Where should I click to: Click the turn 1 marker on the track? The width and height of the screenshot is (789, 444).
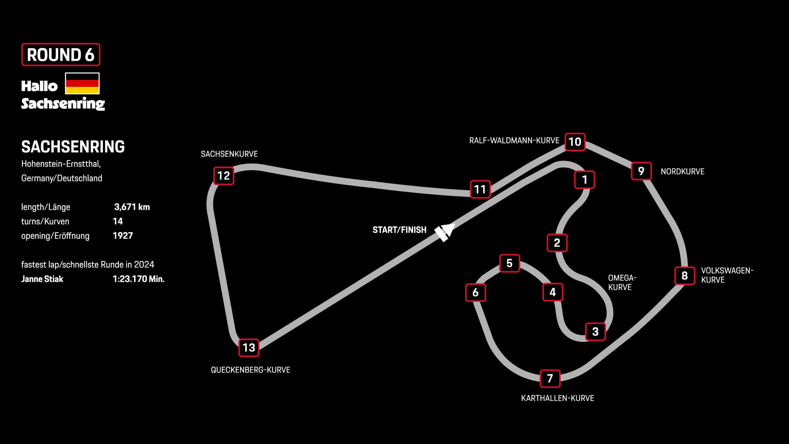pos(584,180)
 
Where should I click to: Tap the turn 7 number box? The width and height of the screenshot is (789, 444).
pos(550,378)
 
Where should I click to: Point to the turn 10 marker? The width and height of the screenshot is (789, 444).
pos(575,142)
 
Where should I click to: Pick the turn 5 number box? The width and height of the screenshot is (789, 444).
pos(509,263)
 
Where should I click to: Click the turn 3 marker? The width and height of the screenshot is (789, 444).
pos(595,332)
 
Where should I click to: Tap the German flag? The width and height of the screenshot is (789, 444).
pos(82,83)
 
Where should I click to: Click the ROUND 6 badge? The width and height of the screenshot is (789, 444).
pos(61,54)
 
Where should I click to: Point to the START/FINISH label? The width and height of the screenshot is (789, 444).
pos(399,230)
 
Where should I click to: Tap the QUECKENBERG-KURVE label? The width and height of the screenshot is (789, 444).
pos(250,370)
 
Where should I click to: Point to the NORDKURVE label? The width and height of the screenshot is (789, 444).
pos(682,172)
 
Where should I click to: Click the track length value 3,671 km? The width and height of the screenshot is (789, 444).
pos(132,207)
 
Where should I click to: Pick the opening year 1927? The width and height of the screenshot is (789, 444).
pos(123,236)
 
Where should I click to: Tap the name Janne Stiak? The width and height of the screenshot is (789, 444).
pos(42,279)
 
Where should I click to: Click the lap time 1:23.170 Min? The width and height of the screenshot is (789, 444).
pos(138,279)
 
